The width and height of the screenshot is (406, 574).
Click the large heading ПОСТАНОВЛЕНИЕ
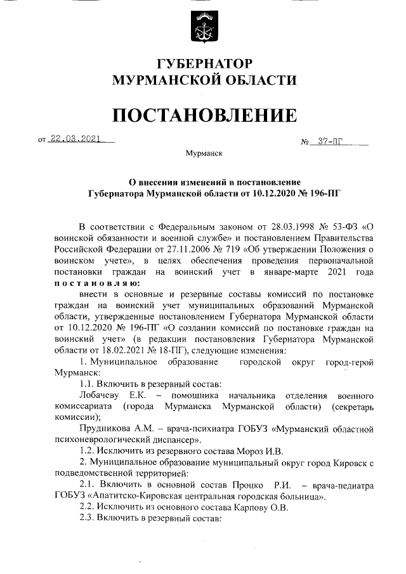(204, 115)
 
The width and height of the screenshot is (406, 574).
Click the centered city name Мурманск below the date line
(204, 154)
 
